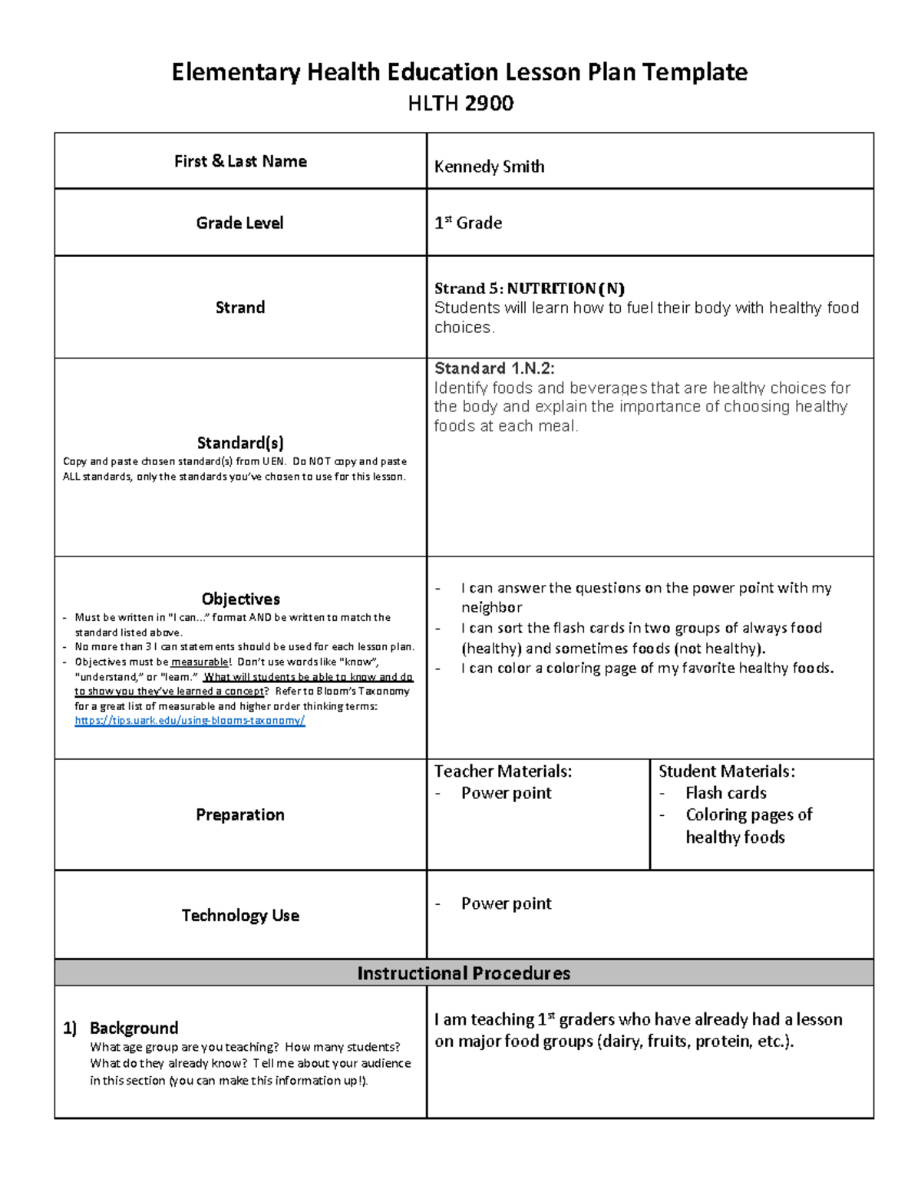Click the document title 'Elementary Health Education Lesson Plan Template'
click(459, 72)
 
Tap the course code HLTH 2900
click(460, 104)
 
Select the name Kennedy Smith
click(489, 167)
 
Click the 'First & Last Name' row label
click(240, 161)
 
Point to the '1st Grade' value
click(468, 223)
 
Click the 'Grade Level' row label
click(239, 223)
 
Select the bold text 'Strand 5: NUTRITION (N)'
click(529, 289)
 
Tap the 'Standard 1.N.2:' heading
click(494, 368)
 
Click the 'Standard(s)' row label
click(240, 443)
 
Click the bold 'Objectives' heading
click(240, 599)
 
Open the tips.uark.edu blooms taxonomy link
click(190, 721)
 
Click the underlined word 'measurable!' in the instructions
click(200, 662)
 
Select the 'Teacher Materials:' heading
click(503, 771)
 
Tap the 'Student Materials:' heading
click(726, 771)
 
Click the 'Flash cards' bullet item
click(725, 793)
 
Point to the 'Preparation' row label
click(239, 814)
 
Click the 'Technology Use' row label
click(240, 915)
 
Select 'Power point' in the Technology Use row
click(506, 903)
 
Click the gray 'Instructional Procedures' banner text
click(464, 973)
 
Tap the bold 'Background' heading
click(134, 1028)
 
